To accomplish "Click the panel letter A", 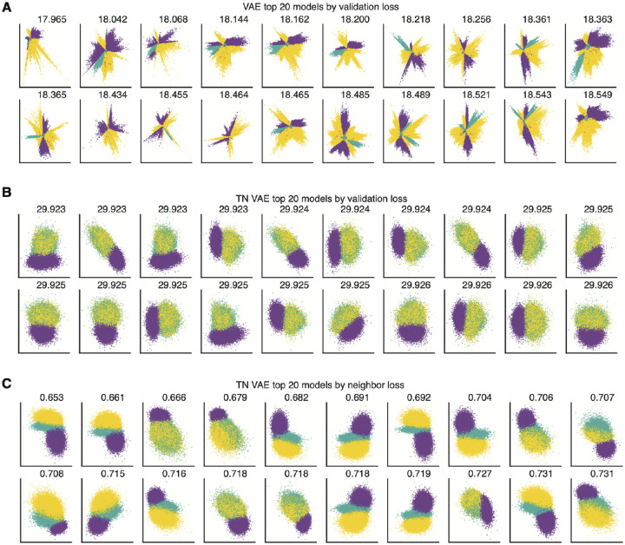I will tap(7, 8).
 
